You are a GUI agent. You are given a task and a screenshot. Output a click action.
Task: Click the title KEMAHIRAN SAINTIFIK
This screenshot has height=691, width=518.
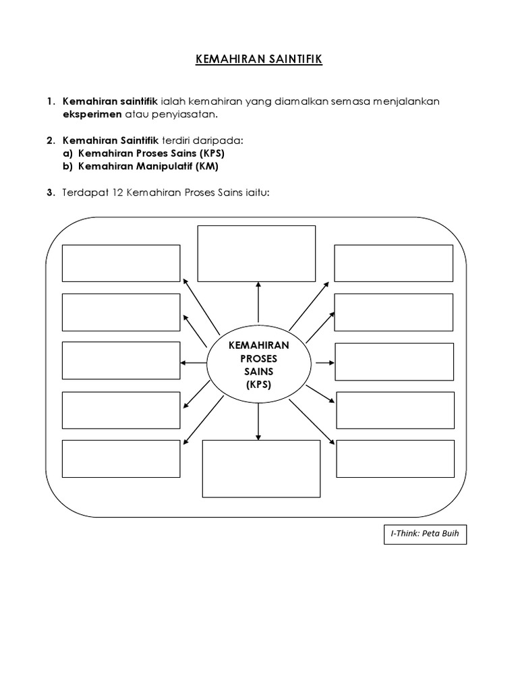(x=259, y=60)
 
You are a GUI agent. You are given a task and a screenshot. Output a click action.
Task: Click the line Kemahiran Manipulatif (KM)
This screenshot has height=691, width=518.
(x=148, y=166)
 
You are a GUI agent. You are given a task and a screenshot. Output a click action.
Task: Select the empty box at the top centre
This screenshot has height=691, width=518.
(x=256, y=252)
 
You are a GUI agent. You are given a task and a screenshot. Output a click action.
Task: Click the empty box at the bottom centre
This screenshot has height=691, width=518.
(x=261, y=469)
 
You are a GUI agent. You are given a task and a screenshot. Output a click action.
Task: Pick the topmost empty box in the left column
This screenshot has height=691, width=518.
(x=121, y=263)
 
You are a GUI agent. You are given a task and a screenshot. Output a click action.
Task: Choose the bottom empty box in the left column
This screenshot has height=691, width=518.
(x=121, y=458)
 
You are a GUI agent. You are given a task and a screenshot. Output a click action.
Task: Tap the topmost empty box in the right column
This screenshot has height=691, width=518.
(x=394, y=263)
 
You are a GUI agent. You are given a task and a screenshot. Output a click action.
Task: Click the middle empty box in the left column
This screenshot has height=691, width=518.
(x=121, y=361)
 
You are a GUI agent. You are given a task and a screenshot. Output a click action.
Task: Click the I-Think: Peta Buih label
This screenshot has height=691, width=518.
(x=424, y=535)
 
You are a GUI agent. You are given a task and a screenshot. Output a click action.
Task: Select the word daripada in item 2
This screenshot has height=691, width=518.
(x=221, y=140)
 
